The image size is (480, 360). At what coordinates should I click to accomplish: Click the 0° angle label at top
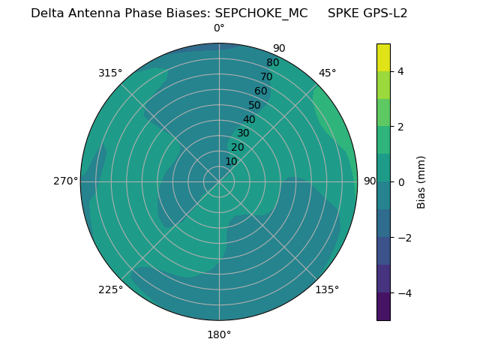[x=219, y=28]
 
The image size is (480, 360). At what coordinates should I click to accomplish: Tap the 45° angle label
[x=327, y=73]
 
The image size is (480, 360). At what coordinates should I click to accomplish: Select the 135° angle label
[x=327, y=289]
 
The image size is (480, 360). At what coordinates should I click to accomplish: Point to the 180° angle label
[x=219, y=334]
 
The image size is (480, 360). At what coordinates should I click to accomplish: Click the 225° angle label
[x=110, y=289]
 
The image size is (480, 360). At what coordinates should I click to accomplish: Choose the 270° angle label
[x=65, y=181]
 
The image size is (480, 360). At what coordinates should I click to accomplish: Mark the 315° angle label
[x=110, y=73]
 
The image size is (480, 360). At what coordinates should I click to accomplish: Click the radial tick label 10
[x=231, y=161]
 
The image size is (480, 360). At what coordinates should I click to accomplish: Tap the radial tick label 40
[x=249, y=120]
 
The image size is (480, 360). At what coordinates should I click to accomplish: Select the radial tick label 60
[x=261, y=91]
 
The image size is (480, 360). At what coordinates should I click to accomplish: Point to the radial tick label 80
[x=272, y=63]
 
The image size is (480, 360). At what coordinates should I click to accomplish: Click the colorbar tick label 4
[x=401, y=71]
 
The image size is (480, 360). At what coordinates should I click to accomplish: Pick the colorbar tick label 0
[x=401, y=181]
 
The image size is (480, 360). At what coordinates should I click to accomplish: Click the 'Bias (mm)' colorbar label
[x=421, y=181]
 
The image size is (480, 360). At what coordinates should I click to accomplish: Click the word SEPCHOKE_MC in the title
[x=261, y=13]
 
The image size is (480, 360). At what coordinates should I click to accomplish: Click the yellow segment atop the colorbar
[x=383, y=57]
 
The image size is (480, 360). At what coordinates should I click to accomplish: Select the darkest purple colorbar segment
[x=383, y=307]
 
